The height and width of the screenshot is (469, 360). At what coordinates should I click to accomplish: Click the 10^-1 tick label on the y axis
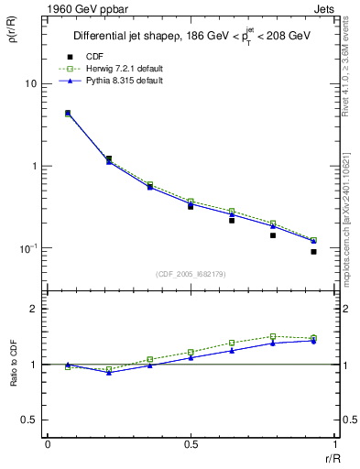27,248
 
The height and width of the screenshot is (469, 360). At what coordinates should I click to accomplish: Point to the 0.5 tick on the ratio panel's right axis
343,420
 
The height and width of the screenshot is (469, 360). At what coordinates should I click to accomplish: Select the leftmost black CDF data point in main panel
68,114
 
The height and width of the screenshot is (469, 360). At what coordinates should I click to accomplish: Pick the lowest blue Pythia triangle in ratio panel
109,373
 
